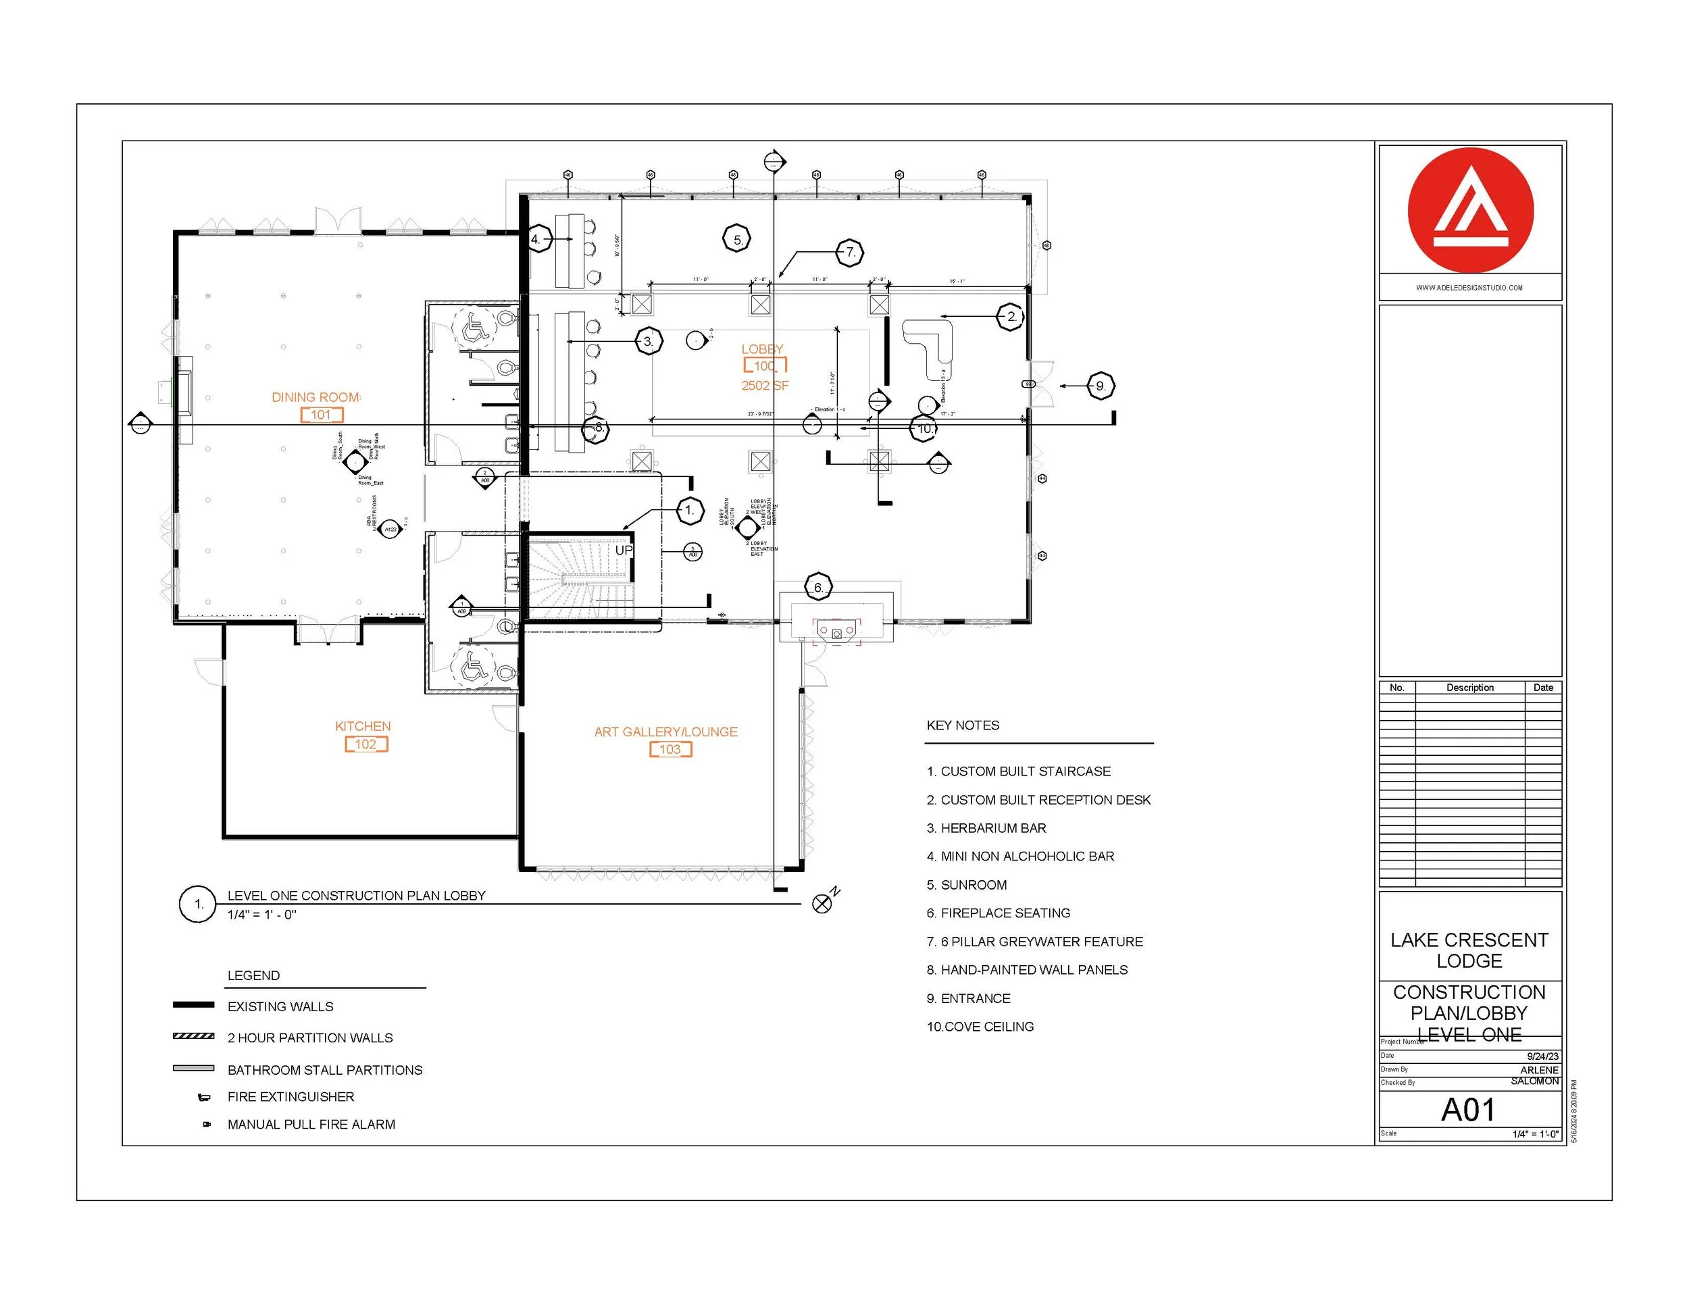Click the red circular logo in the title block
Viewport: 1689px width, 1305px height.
click(x=1470, y=210)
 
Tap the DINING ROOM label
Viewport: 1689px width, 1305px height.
click(x=315, y=397)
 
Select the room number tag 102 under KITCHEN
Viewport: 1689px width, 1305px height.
click(x=365, y=744)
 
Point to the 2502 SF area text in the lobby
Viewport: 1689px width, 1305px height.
click(x=764, y=385)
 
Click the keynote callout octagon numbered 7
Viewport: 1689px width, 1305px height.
click(x=850, y=252)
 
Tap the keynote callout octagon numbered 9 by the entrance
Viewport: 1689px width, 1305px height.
click(x=1100, y=386)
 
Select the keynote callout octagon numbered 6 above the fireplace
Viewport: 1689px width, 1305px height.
click(x=818, y=588)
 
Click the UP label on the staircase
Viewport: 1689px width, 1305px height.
click(x=624, y=551)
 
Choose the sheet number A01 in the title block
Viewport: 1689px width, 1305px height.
click(x=1468, y=1110)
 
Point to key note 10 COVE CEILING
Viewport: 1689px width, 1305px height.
click(x=980, y=1027)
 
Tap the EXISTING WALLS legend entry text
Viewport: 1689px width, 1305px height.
click(x=280, y=1006)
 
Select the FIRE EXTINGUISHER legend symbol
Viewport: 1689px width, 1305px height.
click(x=204, y=1097)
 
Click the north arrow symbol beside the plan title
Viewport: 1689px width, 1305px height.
click(x=823, y=902)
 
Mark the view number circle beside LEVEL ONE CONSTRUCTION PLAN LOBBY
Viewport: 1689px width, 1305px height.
click(x=198, y=904)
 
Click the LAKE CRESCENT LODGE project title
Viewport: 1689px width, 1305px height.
click(x=1469, y=950)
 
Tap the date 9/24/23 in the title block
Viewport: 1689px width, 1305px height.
click(x=1542, y=1056)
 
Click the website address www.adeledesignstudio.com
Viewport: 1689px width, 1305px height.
click(x=1469, y=288)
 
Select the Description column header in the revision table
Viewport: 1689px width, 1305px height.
click(x=1469, y=688)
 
